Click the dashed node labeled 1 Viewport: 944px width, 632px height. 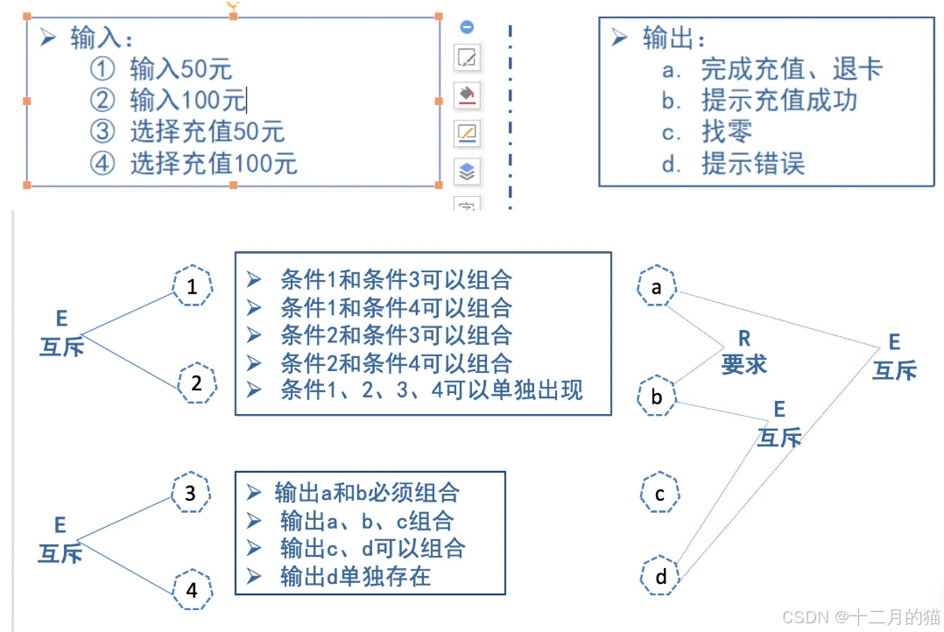pos(192,286)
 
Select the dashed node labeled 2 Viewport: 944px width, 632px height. pos(196,383)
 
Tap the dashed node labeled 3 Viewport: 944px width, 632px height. pos(191,493)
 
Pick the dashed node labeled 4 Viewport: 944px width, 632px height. pos(192,590)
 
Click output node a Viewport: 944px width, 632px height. pos(657,287)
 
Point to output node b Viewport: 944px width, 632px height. pos(657,397)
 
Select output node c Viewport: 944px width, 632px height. pos(659,495)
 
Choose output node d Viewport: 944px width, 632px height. pos(661,576)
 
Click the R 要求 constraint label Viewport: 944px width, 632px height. pos(744,352)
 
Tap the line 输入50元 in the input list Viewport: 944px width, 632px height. pos(180,68)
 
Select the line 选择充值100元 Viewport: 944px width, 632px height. pos(213,163)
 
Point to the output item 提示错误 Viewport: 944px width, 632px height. pos(752,163)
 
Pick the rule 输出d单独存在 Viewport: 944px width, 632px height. pos(356,575)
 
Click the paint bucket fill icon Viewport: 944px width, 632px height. pos(468,95)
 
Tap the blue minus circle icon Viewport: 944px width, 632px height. pos(468,27)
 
